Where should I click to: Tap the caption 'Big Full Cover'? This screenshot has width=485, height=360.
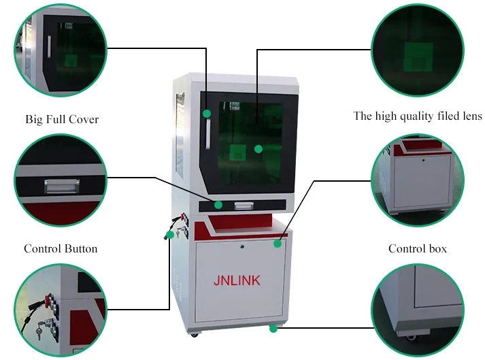point(62,120)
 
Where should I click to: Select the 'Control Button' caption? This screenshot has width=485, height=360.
point(61,248)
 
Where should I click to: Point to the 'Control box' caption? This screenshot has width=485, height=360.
point(418,248)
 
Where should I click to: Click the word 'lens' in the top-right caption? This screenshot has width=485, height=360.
point(469,116)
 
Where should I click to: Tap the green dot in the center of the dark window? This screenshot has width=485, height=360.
point(258,148)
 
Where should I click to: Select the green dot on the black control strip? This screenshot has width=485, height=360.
point(218,204)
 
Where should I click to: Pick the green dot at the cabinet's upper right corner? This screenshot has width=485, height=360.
point(278,242)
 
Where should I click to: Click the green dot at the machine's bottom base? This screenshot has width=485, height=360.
point(273,329)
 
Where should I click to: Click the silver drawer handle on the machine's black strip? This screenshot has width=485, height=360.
point(243,205)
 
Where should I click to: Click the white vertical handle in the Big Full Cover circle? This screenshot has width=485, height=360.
point(49,51)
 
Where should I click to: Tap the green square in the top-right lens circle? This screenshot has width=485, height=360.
point(418,56)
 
